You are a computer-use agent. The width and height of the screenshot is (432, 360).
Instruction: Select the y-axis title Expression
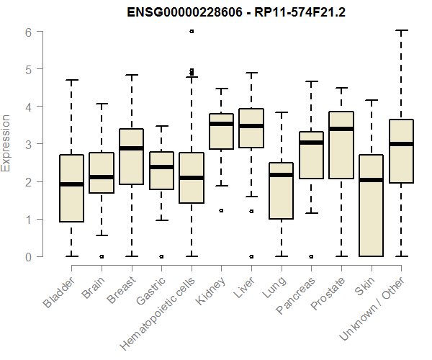(x=6, y=143)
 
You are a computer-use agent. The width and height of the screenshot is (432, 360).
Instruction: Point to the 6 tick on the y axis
(x=27, y=32)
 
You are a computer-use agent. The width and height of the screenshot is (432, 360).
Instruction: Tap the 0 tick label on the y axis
(x=27, y=256)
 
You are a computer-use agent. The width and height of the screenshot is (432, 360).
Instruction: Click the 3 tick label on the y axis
(x=27, y=144)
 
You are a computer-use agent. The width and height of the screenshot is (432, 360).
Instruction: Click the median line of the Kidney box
(x=221, y=124)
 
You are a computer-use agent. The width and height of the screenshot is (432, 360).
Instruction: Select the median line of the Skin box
(x=371, y=180)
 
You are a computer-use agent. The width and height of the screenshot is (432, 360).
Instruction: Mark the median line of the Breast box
(x=131, y=148)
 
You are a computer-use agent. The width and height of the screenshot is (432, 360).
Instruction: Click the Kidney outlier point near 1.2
(x=221, y=211)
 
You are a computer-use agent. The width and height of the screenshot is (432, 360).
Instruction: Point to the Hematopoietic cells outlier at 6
(x=191, y=31)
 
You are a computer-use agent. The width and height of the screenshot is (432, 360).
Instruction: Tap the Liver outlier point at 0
(x=251, y=256)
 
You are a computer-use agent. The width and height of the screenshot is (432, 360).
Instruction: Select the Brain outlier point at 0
(x=102, y=256)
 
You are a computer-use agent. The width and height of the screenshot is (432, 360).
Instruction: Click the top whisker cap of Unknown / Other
(x=401, y=30)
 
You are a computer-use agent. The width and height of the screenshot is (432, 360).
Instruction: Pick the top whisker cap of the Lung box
(x=281, y=112)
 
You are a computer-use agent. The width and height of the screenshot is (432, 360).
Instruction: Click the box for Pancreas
(x=311, y=155)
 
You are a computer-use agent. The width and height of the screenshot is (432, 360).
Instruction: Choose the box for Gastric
(x=161, y=171)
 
